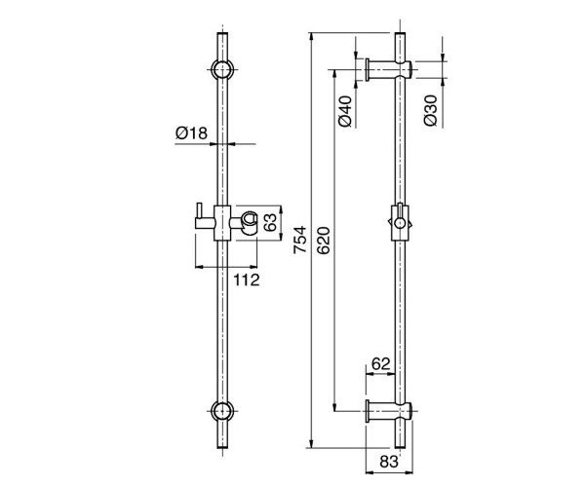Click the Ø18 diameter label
pos(191,132)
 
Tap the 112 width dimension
pos(247,280)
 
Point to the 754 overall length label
pos(300,240)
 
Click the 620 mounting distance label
pos(324,240)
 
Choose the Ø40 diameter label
pos(344,111)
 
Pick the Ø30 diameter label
pos(431,111)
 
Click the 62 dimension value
pos(381,363)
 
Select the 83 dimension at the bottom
pos(389,462)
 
